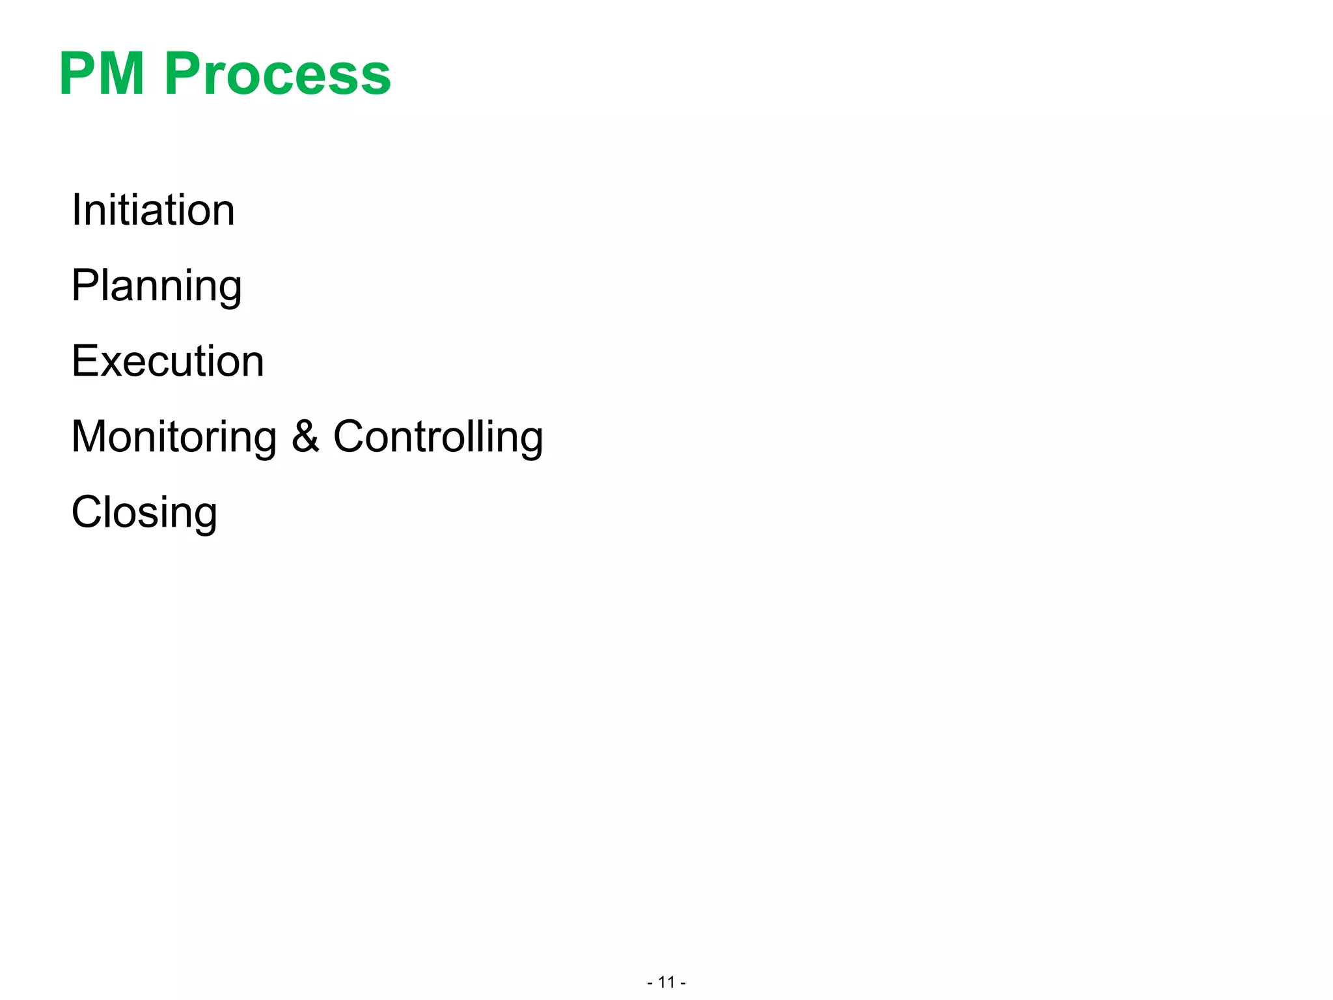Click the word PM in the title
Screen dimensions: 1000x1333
click(102, 74)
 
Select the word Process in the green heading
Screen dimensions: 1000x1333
click(277, 74)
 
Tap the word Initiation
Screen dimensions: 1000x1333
click(153, 210)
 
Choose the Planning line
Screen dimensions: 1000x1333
click(156, 286)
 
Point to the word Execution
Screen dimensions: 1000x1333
click(168, 361)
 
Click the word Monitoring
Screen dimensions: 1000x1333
click(174, 437)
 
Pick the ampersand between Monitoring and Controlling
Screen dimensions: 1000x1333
click(305, 436)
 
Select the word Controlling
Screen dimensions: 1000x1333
click(438, 437)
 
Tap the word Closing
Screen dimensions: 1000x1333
click(144, 513)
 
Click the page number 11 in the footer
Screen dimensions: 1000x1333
click(666, 982)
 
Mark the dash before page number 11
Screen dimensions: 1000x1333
click(650, 982)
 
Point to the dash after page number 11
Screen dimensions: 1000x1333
click(683, 982)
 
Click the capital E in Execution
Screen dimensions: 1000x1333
click(85, 361)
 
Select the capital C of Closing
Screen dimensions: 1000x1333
click(87, 512)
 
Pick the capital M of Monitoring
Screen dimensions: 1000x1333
click(90, 436)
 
